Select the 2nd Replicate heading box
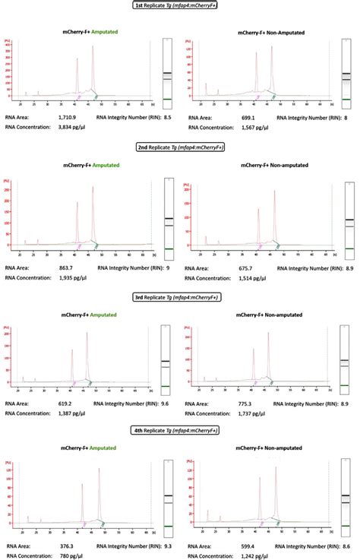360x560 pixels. point(180,147)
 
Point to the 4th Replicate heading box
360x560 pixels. point(180,431)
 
